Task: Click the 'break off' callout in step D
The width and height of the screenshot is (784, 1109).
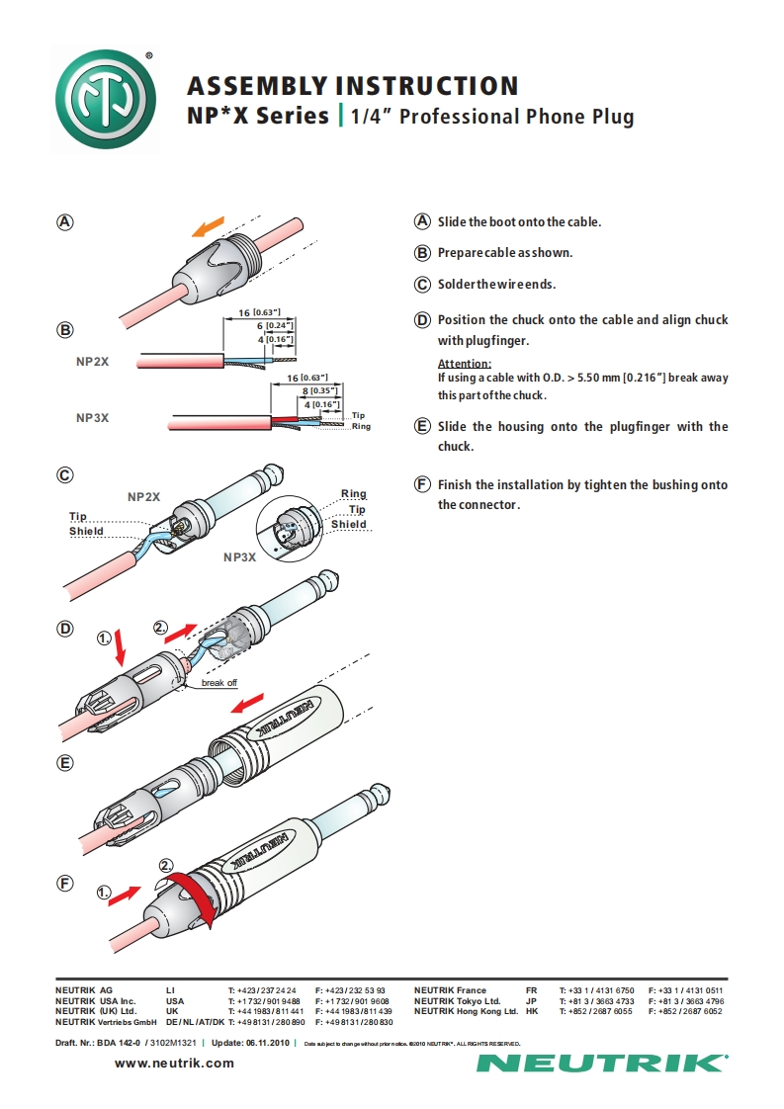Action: click(x=218, y=683)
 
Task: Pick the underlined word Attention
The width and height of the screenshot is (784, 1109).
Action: click(x=464, y=364)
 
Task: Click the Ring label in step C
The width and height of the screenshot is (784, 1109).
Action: click(x=353, y=494)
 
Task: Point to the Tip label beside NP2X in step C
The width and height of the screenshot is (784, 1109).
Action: click(x=78, y=517)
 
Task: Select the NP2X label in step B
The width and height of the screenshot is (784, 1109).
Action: click(x=92, y=363)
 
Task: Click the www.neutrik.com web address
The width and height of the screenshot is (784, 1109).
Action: click(x=175, y=1063)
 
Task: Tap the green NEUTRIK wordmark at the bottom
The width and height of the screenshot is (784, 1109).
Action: click(x=601, y=1064)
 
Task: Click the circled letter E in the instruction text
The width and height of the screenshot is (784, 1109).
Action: click(x=421, y=427)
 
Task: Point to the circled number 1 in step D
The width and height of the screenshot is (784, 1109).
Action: click(x=106, y=639)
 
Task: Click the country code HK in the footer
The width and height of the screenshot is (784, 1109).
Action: click(x=532, y=1011)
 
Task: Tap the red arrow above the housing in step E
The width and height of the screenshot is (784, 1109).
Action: click(x=244, y=703)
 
